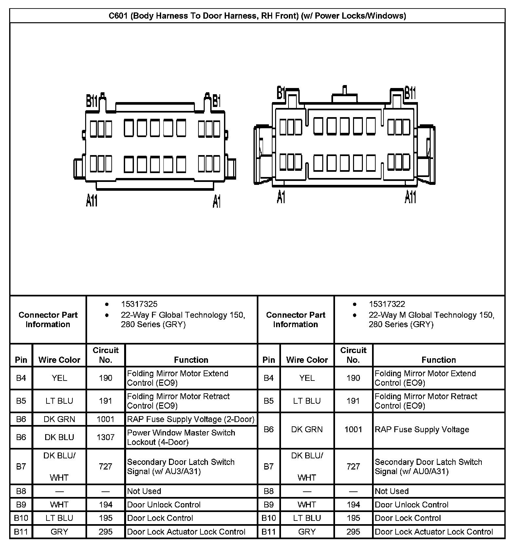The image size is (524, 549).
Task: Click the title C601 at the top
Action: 257,16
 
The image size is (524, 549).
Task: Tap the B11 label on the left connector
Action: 92,101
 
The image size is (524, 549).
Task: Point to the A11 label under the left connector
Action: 92,200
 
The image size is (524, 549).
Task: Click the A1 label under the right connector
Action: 281,197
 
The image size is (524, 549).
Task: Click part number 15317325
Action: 139,304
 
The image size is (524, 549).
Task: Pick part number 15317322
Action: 387,304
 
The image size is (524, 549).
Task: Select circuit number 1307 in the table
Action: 105,437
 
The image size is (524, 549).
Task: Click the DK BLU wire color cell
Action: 59,437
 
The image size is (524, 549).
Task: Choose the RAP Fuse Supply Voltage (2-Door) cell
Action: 191,419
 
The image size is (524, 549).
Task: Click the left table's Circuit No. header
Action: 105,355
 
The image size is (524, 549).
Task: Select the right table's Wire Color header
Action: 307,360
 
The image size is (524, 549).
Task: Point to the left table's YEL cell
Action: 59,378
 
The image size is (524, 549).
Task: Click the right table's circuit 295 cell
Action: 353,532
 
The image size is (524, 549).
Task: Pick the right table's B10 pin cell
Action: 269,518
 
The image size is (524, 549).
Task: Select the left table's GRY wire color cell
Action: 59,532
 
